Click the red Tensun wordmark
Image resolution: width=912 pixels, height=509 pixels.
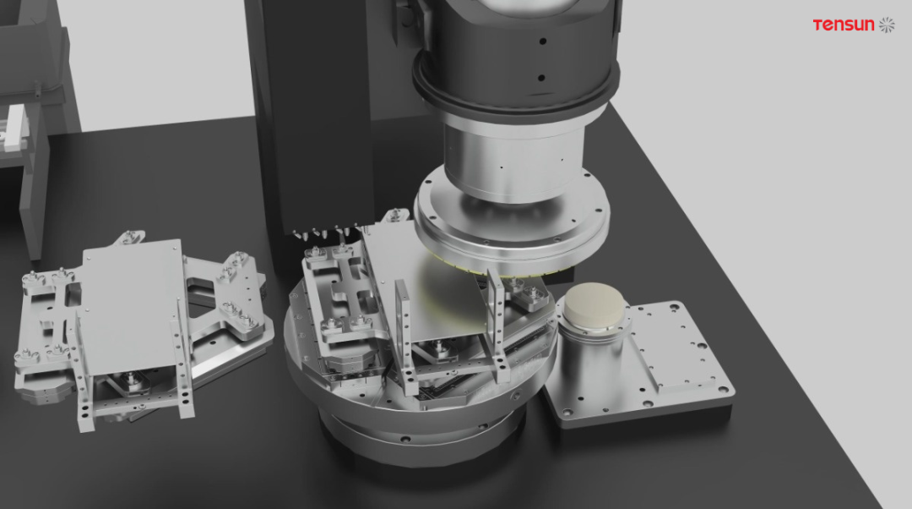click(844, 25)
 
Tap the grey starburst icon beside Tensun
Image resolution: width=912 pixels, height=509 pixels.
click(887, 25)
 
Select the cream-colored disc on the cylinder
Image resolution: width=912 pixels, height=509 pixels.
click(594, 304)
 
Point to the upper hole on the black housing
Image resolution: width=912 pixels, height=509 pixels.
click(542, 41)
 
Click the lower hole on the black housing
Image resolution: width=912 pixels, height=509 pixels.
click(541, 78)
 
